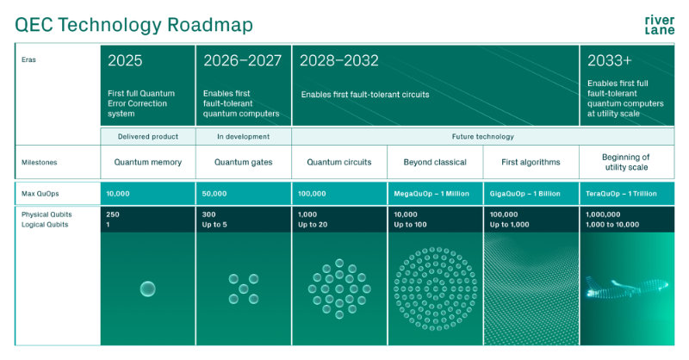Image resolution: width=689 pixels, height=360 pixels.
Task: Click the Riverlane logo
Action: [659, 25]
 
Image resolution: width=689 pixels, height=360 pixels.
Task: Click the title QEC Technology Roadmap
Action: [133, 25]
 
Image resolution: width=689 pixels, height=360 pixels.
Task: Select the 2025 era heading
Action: [125, 61]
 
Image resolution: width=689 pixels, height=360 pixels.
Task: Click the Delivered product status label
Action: [147, 136]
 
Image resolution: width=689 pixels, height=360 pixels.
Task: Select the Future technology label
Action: [482, 136]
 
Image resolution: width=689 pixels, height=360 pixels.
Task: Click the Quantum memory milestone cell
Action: [147, 161]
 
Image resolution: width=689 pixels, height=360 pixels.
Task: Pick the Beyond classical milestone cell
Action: [435, 161]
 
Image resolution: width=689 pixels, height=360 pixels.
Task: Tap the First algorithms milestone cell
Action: [531, 161]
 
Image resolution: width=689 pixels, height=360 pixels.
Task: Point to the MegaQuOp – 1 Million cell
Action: [431, 194]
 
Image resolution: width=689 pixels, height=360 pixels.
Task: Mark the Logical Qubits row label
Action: [45, 224]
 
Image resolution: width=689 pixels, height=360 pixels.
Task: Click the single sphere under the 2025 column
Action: [147, 289]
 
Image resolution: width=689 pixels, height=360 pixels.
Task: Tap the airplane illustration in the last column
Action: [624, 289]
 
